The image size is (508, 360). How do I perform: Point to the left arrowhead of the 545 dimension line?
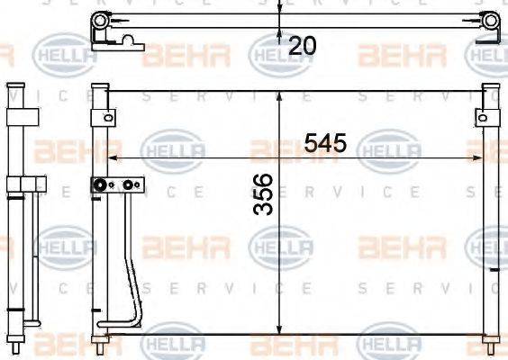[112, 157]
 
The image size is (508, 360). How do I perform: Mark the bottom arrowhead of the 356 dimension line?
[281, 329]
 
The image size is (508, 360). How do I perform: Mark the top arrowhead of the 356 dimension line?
[281, 94]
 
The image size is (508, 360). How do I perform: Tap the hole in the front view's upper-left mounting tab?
[107, 117]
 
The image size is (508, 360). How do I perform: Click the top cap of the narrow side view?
[14, 88]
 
